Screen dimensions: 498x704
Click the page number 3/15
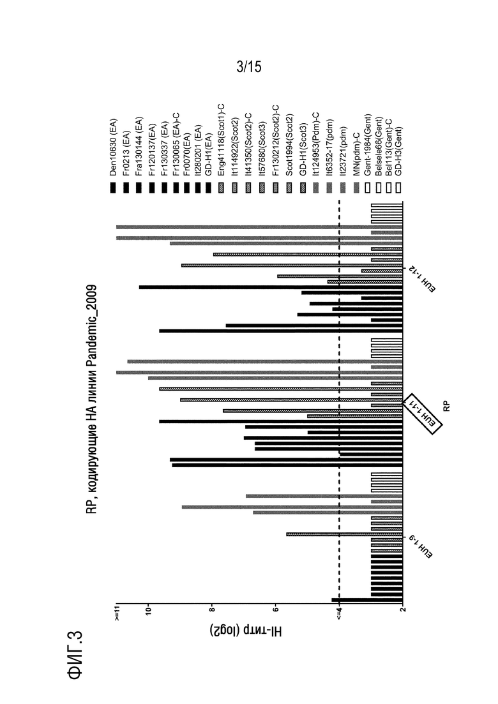tap(249, 67)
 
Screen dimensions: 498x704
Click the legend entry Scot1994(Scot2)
tap(289, 145)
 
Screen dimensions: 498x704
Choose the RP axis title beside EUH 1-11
tap(446, 407)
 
